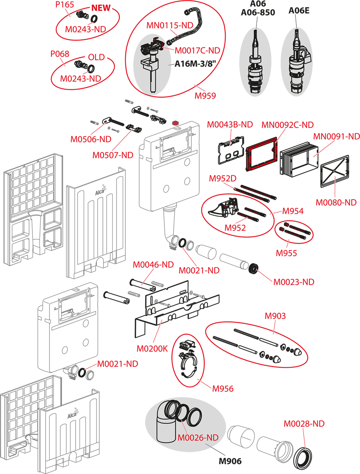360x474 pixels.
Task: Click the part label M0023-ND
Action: (x=294, y=282)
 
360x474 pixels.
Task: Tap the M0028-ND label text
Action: (x=304, y=424)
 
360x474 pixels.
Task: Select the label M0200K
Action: (x=152, y=349)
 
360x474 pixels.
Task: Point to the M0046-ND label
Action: (x=153, y=265)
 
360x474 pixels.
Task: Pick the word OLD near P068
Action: (x=96, y=58)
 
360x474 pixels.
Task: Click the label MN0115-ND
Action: (x=170, y=25)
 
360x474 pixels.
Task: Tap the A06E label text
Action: (x=299, y=11)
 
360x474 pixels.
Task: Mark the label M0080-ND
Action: (x=336, y=203)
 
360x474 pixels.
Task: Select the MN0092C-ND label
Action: (x=287, y=125)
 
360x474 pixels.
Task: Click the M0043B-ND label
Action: (x=230, y=125)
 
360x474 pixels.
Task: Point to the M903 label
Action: (x=275, y=316)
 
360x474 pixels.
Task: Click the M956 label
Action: (x=222, y=389)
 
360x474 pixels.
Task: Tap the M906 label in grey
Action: (x=230, y=461)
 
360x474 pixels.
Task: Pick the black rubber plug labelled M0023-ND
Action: (x=253, y=269)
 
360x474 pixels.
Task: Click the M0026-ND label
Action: (x=198, y=438)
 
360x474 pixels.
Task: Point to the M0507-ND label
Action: (x=113, y=155)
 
